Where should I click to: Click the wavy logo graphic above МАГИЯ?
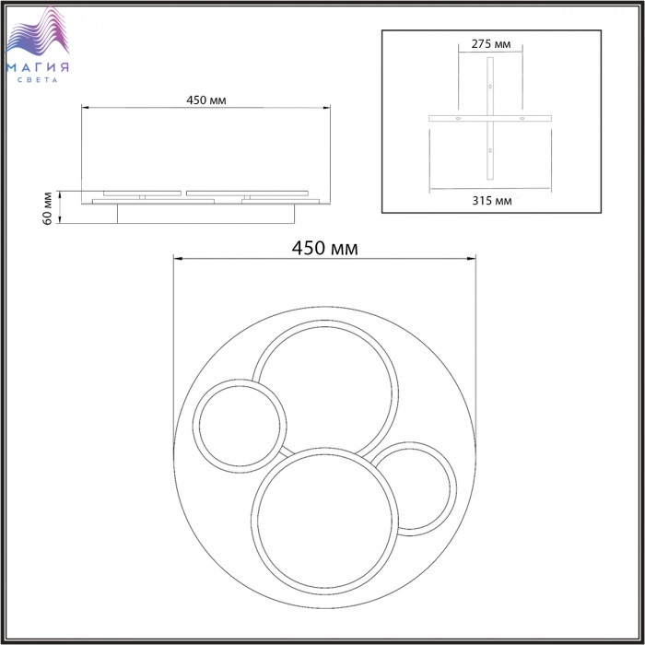(x=37, y=30)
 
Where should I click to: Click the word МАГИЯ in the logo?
(x=38, y=67)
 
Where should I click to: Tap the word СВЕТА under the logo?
(x=38, y=80)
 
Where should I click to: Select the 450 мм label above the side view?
(x=206, y=100)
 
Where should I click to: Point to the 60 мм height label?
(x=48, y=208)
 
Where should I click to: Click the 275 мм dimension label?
(x=491, y=44)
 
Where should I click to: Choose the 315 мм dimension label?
(x=492, y=201)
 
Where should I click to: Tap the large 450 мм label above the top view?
(x=325, y=248)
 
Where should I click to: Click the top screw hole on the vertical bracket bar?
(x=490, y=87)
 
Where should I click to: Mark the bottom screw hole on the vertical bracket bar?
(x=490, y=150)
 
